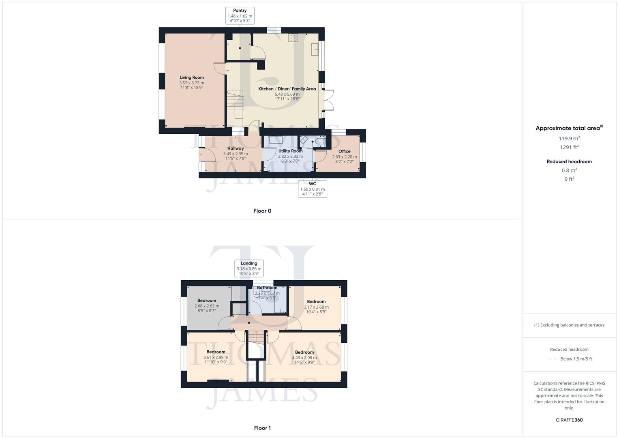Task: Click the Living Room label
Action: tap(192, 77)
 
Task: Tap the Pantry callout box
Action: tap(240, 16)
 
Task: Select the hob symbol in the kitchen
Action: tap(293, 38)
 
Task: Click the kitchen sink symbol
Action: tap(315, 49)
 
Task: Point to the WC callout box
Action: tap(313, 189)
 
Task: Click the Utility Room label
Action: tap(290, 151)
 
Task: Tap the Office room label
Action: tap(345, 151)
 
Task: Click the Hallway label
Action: tap(236, 148)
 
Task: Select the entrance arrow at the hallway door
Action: tap(200, 155)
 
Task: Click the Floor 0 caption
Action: tap(262, 211)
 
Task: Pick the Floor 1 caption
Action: tap(262, 428)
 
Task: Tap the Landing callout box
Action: tap(249, 268)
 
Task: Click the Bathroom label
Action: tap(267, 288)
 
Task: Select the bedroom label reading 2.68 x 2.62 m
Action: tap(207, 306)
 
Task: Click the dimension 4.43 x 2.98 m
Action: tap(304, 358)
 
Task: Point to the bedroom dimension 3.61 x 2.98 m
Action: tap(216, 357)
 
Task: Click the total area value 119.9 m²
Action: tap(569, 138)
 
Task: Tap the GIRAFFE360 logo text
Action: tap(569, 420)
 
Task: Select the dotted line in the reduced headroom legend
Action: tap(552, 359)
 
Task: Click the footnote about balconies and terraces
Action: tap(569, 325)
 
